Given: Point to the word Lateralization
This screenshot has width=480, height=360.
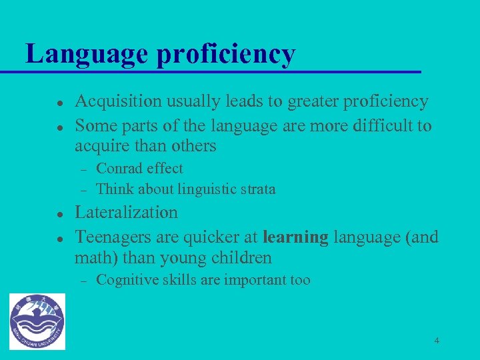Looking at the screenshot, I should (x=126, y=213).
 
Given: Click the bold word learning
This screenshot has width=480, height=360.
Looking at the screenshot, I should (x=295, y=237).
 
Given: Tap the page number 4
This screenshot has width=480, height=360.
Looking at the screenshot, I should (x=437, y=341).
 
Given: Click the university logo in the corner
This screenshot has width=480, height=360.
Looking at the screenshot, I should (x=38, y=321).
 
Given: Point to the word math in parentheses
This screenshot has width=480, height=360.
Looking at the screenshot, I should (x=94, y=257).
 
